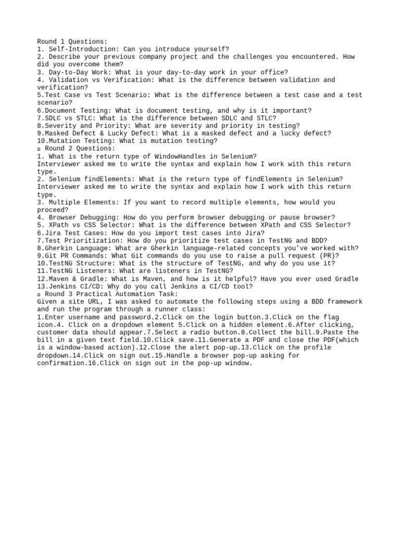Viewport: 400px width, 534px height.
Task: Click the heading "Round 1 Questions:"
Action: click(72, 42)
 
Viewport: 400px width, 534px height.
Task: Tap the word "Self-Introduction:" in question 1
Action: click(81, 49)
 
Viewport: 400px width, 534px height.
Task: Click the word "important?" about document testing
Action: click(292, 111)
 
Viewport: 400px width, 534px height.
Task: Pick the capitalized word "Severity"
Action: click(60, 126)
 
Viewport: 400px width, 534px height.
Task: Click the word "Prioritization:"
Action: click(91, 240)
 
